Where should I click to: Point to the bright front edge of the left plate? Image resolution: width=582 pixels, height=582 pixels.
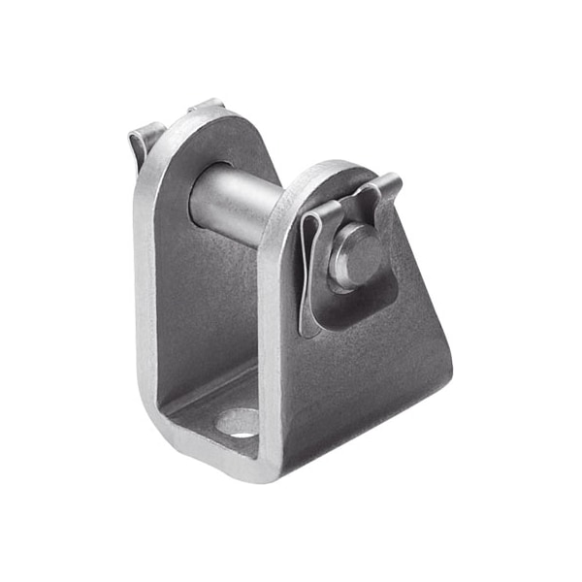pyautogui.click(x=145, y=291)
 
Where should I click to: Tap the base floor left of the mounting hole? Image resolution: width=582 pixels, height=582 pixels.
pyautogui.click(x=199, y=412)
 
